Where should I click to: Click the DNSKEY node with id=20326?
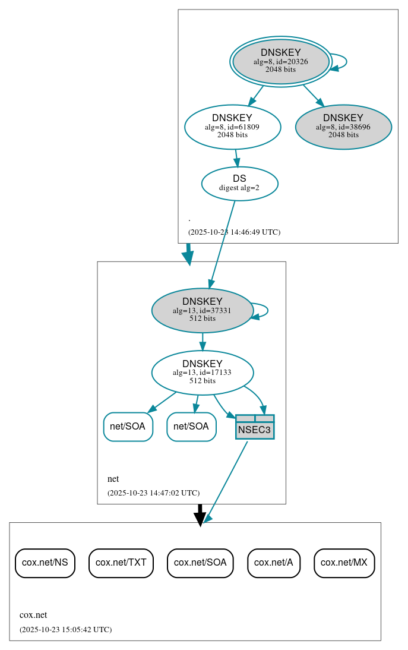[281, 62]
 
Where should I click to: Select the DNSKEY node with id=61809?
[232, 127]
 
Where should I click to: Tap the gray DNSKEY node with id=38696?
[343, 127]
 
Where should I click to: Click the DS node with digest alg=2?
[239, 184]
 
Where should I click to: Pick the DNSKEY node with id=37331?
[202, 310]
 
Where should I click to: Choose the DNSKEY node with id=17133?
[202, 373]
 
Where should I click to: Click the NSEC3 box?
[255, 427]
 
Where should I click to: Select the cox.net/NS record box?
[45, 563]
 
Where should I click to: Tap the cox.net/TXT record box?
[121, 563]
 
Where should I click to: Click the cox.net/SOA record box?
[200, 563]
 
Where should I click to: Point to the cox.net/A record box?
[274, 563]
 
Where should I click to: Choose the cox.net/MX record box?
[344, 563]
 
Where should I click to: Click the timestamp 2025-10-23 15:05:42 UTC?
[65, 629]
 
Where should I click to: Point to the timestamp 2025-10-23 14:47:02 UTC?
[153, 493]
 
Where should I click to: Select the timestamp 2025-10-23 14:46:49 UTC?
[234, 232]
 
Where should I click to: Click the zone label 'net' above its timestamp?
[113, 479]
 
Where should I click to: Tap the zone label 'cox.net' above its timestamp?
[33, 615]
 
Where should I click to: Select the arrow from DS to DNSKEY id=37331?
[222, 244]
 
